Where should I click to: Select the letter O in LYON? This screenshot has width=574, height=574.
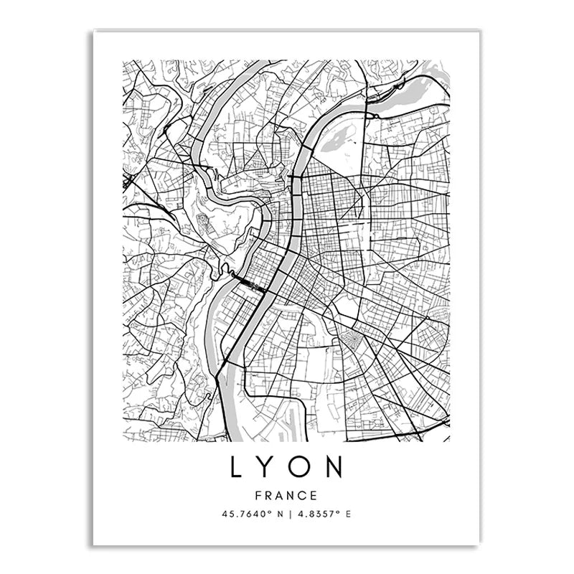click(302, 467)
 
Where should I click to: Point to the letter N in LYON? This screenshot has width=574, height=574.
click(336, 467)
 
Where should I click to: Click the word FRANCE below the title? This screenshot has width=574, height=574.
click(287, 495)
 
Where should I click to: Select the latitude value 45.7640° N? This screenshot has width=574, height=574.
click(252, 514)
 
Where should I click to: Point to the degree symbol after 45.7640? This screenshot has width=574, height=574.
click(270, 512)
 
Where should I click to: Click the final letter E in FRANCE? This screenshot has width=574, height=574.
click(314, 495)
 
